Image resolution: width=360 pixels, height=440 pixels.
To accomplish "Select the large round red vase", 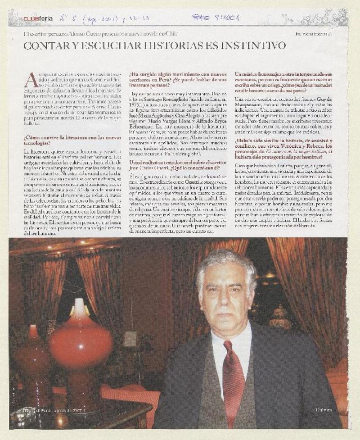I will (x=81, y=338).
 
